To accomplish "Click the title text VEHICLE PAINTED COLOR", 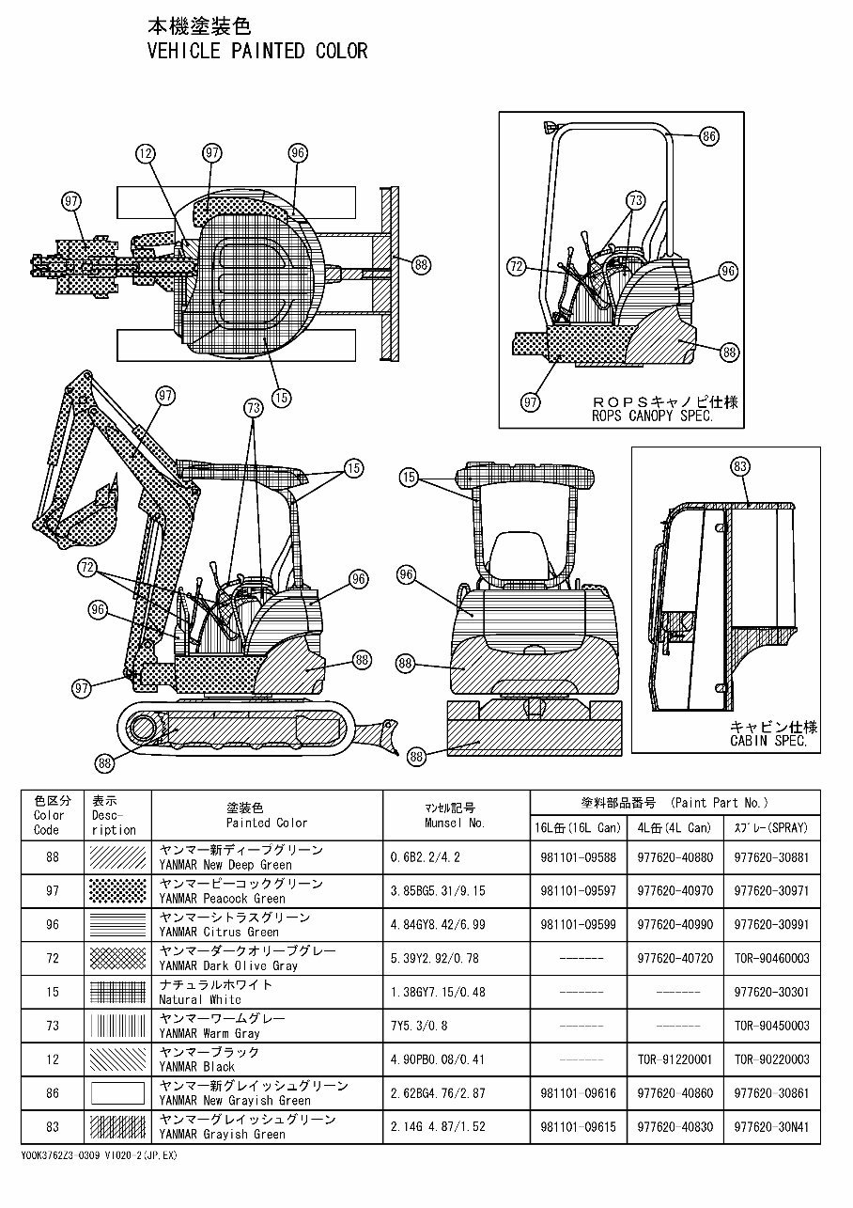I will point(257,51).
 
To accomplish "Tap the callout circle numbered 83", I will point(739,466).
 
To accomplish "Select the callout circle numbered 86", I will point(708,136).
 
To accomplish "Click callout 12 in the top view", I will point(144,152).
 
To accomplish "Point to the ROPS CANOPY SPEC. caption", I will point(652,416).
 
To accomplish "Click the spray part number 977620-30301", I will point(770,992).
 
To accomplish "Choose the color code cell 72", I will point(53,958).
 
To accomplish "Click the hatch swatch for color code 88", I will point(117,856).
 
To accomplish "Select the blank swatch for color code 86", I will point(117,1093).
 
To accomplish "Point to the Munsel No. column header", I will point(456,815).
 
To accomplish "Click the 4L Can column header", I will point(674,828).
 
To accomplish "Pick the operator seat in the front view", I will point(515,550).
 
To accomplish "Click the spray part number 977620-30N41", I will point(770,1127).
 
